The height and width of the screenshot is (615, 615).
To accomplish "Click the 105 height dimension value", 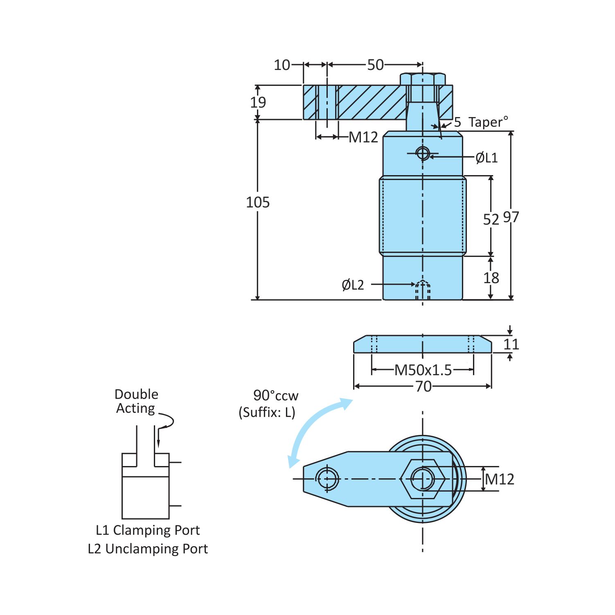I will coord(257,202).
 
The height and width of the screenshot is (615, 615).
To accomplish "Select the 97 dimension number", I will coord(511,217).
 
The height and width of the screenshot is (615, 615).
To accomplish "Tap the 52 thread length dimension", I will coord(491,220).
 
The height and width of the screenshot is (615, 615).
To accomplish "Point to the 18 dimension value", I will coord(491,278).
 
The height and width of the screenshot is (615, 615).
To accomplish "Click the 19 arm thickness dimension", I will coord(258,102).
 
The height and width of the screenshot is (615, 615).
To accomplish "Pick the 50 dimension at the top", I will coord(375,65).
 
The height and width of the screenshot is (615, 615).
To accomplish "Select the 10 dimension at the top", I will coord(282,65).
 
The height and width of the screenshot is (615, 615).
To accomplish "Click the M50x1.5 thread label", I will coord(423,370).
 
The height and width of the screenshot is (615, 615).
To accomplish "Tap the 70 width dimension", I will coord(423,386).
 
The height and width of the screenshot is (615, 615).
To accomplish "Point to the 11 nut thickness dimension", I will coord(511,344).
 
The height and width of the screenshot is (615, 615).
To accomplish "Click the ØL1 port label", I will coord(486,158).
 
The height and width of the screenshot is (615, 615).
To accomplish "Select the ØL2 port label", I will coord(352,285).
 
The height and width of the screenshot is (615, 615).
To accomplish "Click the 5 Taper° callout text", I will coord(481,122).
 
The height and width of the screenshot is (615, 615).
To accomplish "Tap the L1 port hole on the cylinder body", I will coord(422,154).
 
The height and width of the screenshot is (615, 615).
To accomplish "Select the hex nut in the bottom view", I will coord(423,479).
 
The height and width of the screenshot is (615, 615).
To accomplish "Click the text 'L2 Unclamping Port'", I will coord(148,549).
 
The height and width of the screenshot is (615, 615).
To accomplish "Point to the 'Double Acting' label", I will coord(136,401).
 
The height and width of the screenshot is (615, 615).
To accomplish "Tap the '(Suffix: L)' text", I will coord(267,412).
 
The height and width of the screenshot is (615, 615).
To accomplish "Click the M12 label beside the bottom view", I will coord(499,479).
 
